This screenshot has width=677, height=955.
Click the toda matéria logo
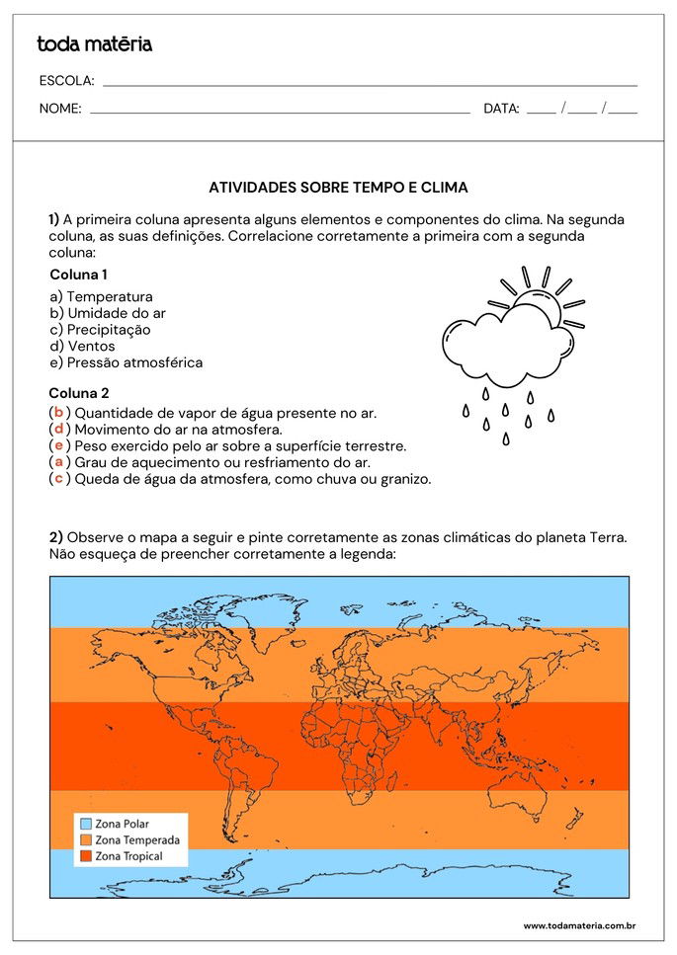[x=94, y=44]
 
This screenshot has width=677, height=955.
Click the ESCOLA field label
[x=66, y=81]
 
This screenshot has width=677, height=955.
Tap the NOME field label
[x=60, y=109]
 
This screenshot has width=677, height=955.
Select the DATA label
[x=501, y=109]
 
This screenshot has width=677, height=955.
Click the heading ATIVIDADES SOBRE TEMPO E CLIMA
[x=339, y=187]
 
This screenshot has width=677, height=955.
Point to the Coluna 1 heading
[x=78, y=275]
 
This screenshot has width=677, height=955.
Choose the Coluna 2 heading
[x=78, y=393]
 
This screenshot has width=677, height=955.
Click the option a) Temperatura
[x=101, y=296]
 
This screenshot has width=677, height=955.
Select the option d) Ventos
[x=82, y=346]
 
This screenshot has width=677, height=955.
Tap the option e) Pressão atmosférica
[x=126, y=362]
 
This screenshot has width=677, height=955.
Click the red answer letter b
[x=58, y=413]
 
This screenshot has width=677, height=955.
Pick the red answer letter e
[x=58, y=445]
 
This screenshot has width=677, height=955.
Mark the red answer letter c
[x=58, y=479]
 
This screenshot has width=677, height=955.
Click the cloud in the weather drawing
[x=504, y=346]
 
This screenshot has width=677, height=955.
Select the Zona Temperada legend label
[x=137, y=839]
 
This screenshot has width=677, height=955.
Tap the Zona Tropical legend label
[x=129, y=856]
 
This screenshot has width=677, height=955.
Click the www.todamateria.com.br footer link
[x=578, y=925]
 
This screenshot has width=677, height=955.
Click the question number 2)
[x=56, y=537]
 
